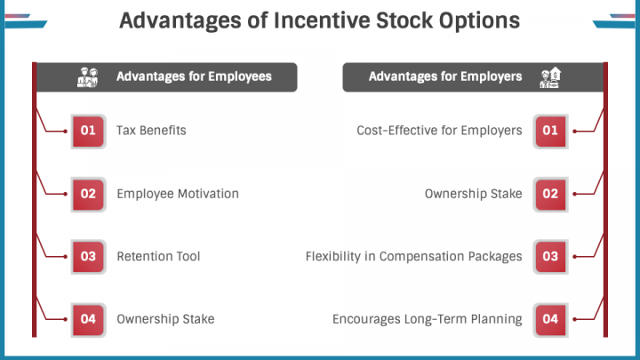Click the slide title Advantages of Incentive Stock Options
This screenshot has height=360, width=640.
click(x=320, y=20)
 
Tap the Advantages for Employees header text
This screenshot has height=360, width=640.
click(x=194, y=76)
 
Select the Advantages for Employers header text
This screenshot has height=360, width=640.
click(x=445, y=76)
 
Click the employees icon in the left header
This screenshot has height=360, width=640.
click(x=88, y=77)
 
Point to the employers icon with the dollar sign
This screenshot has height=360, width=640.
click(x=550, y=77)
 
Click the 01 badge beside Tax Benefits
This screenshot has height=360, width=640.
click(x=88, y=131)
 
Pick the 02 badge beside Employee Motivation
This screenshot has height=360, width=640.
click(x=88, y=194)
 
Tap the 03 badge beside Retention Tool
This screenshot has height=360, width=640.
click(x=88, y=256)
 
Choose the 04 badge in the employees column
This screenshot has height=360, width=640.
click(x=88, y=319)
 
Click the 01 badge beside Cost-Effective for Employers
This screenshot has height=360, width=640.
click(x=550, y=131)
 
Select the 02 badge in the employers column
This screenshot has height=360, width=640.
click(x=550, y=194)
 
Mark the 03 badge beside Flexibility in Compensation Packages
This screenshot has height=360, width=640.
click(x=550, y=256)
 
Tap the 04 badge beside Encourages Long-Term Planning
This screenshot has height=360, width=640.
click(x=550, y=319)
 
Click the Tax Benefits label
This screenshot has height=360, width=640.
click(x=151, y=131)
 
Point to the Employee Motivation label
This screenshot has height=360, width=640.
click(x=178, y=194)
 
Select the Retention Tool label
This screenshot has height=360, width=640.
click(x=158, y=256)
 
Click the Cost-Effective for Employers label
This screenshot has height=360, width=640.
click(x=439, y=131)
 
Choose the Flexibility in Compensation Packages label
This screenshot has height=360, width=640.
click(x=414, y=256)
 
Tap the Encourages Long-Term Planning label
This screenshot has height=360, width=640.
click(x=428, y=319)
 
